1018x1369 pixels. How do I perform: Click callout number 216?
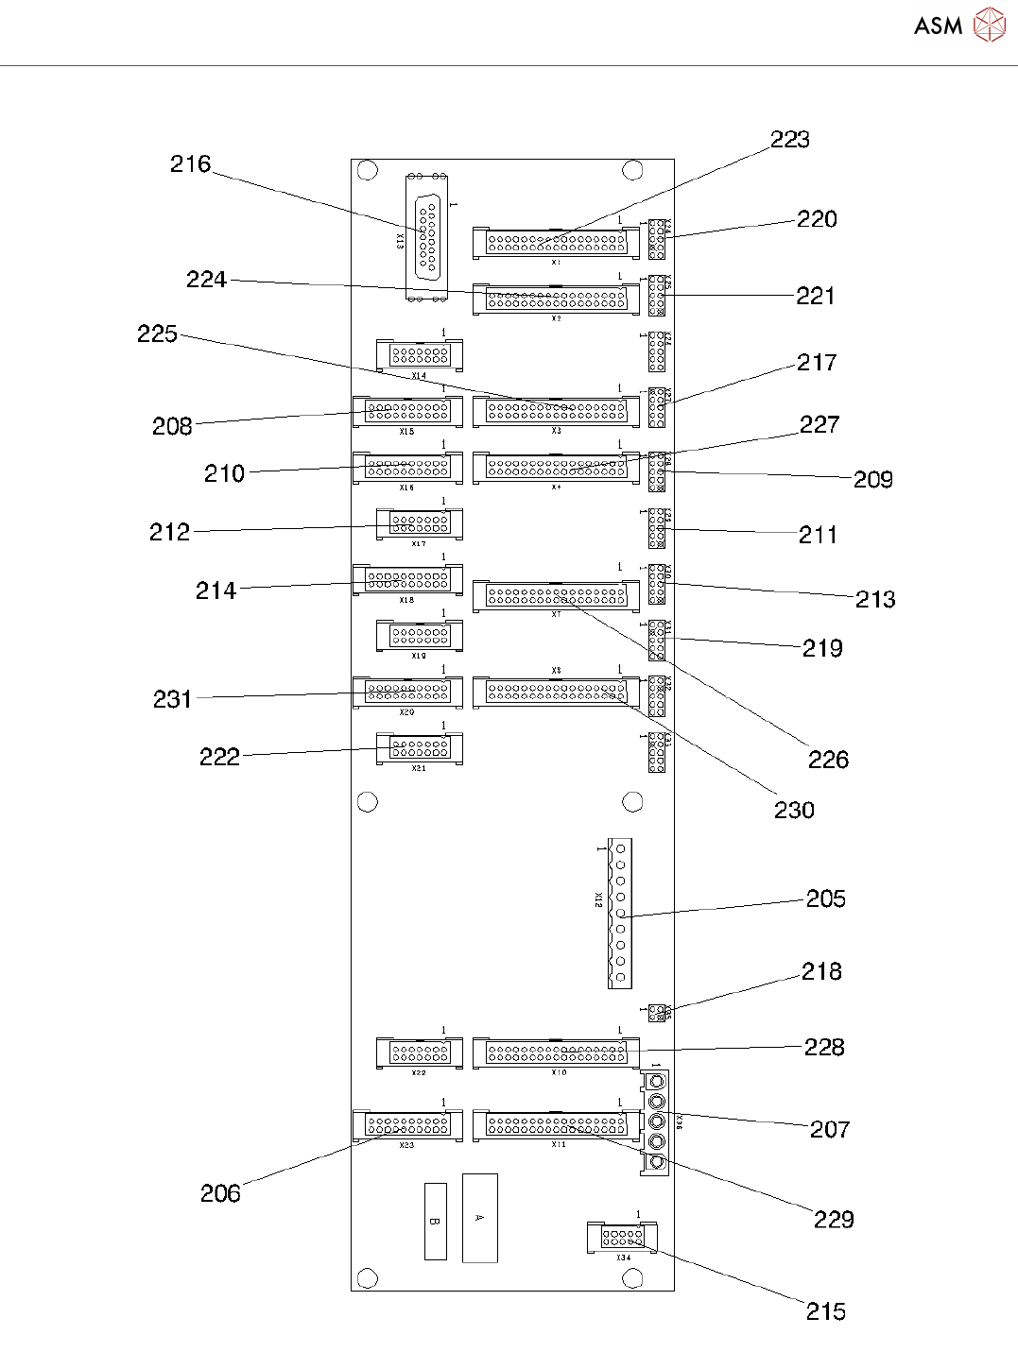click(190, 164)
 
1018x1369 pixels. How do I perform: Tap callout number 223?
click(789, 140)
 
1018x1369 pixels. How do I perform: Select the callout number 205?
click(825, 898)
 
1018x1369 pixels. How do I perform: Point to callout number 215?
click(825, 1310)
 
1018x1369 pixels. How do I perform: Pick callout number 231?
click(172, 699)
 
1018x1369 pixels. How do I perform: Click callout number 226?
click(828, 760)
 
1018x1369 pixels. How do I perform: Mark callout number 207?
click(829, 1129)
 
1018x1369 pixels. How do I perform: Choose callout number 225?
click(157, 334)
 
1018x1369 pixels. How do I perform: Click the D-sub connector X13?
click(428, 238)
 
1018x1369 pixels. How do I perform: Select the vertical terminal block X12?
click(619, 913)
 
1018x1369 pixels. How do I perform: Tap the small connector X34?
click(622, 1236)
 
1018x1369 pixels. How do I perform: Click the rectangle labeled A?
click(479, 1218)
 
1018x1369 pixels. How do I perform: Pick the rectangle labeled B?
click(435, 1221)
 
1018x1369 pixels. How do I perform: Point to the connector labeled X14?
click(420, 355)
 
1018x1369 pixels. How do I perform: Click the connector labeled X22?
click(420, 1052)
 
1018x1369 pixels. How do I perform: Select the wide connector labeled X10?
click(556, 1052)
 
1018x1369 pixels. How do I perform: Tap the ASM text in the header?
click(938, 26)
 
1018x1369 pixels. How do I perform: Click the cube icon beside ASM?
click(990, 25)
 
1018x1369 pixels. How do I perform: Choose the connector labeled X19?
click(420, 636)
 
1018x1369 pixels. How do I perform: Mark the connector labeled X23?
click(407, 1125)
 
